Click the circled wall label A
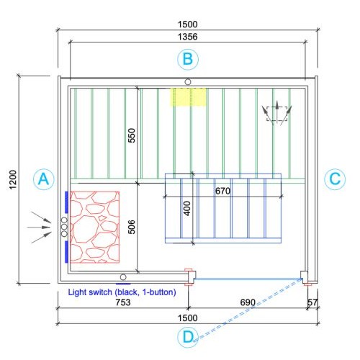[44, 179]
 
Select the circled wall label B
[188, 59]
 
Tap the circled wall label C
[335, 179]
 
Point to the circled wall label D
[188, 337]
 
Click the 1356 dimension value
[188, 37]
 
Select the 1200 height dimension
[13, 179]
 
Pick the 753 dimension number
[123, 302]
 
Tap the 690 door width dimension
[248, 302]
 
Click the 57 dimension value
[312, 302]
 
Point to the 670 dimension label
[222, 191]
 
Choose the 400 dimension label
[187, 208]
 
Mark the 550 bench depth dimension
[132, 135]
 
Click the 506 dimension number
[132, 227]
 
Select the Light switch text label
[122, 292]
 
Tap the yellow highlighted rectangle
[188, 97]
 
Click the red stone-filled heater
[95, 228]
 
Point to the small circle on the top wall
[188, 82]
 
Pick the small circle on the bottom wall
[123, 277]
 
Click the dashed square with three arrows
[277, 113]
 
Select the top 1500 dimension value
[188, 24]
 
